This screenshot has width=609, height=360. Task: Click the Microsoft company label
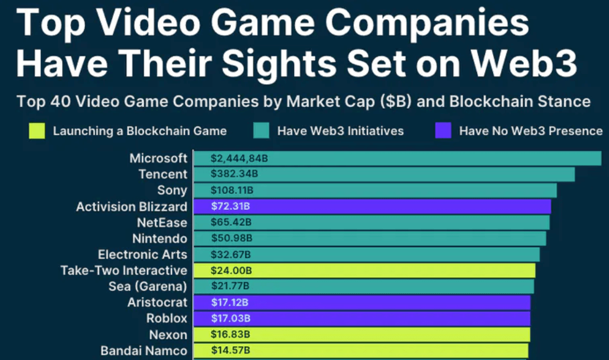click(x=158, y=158)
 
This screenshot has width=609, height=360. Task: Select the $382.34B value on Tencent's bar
click(x=234, y=174)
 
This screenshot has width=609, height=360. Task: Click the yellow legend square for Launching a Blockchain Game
click(x=37, y=131)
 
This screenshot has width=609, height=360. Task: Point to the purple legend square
click(x=443, y=131)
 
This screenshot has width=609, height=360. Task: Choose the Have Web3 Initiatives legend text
click(x=340, y=131)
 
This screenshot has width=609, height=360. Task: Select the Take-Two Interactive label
click(x=124, y=271)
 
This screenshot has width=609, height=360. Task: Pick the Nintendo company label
click(x=160, y=238)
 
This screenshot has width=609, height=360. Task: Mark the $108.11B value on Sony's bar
click(x=232, y=190)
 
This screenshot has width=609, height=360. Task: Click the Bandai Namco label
click(x=144, y=351)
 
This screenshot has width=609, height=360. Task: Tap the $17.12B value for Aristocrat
click(x=230, y=302)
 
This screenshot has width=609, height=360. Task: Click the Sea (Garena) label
click(x=147, y=287)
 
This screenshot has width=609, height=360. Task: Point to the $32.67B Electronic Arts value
click(x=231, y=255)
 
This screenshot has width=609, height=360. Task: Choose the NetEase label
click(x=162, y=222)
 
